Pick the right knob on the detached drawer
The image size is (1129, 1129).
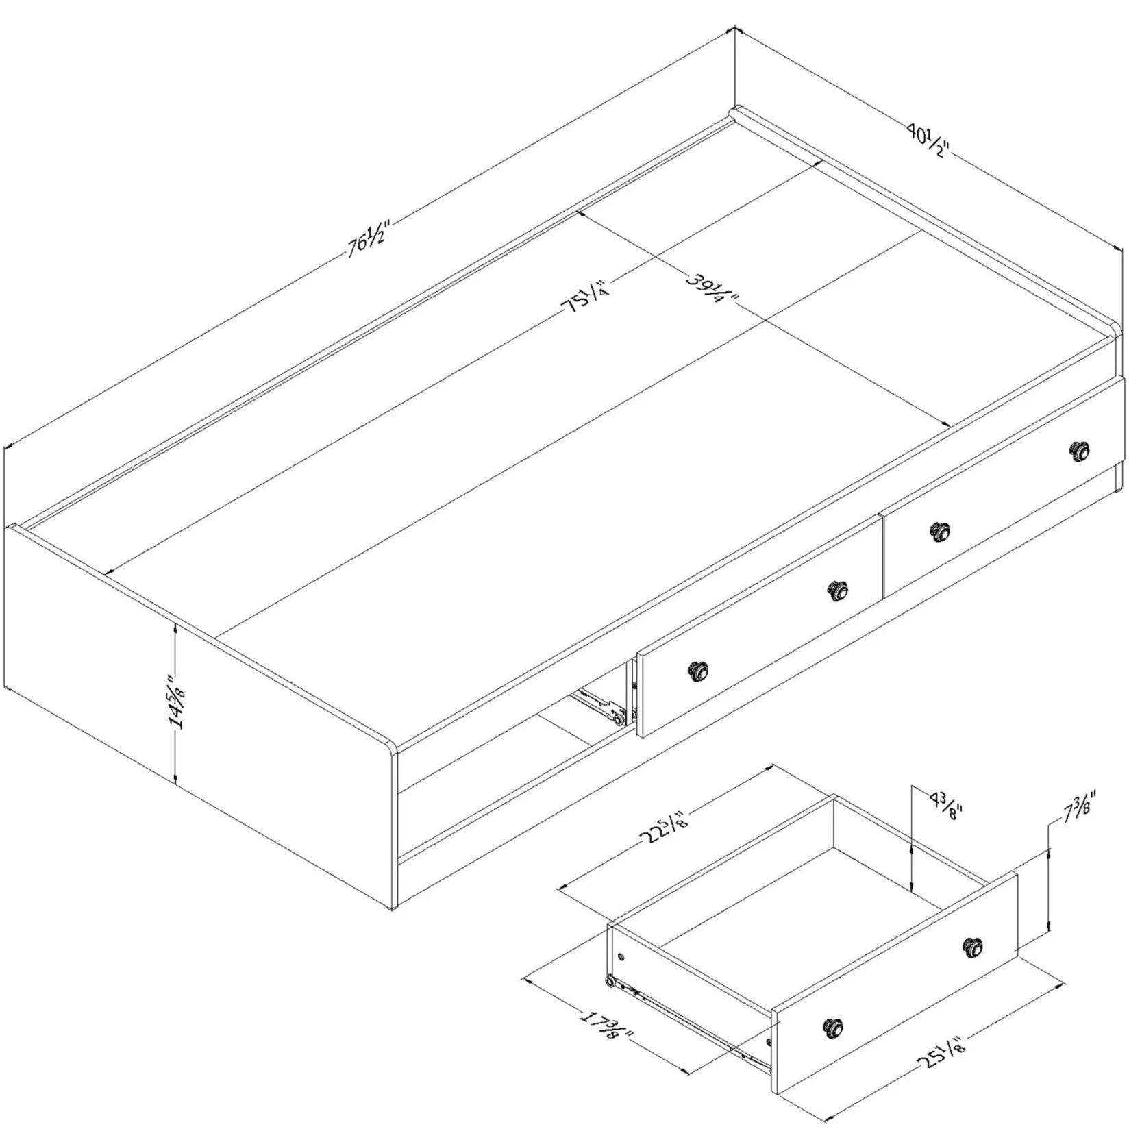pyautogui.click(x=972, y=948)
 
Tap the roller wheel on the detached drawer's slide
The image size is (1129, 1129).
pyautogui.click(x=608, y=982)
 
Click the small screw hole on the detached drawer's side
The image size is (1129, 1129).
pyautogui.click(x=621, y=956)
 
